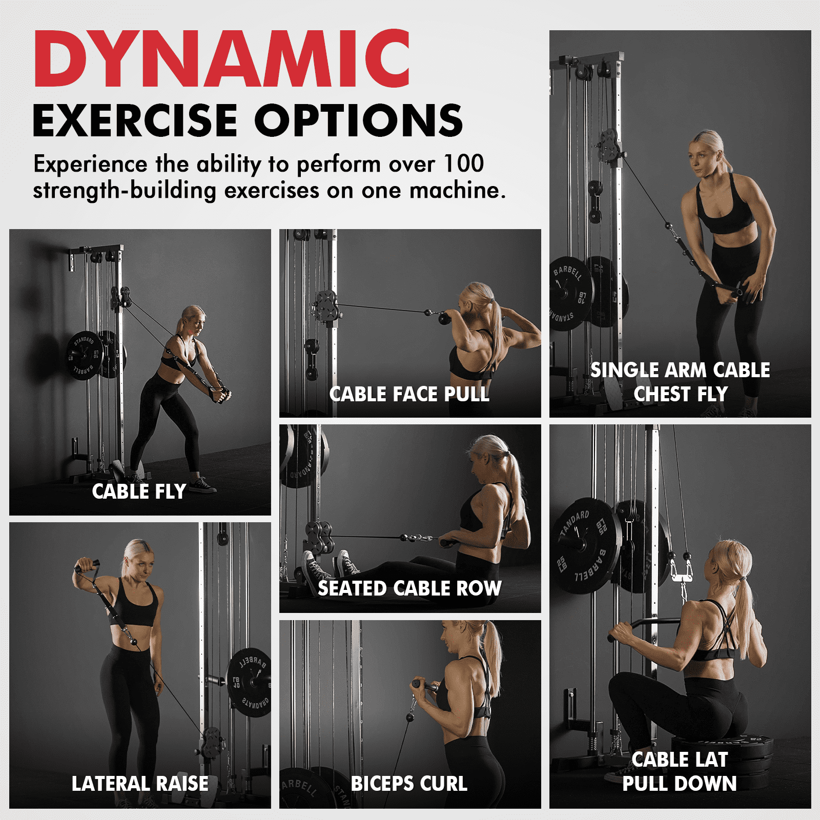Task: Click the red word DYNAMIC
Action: [222, 58]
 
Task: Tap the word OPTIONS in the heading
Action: [358, 120]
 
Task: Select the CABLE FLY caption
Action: [139, 491]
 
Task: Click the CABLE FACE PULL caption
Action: [409, 394]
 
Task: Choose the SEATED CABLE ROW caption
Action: [409, 588]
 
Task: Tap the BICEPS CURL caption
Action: [409, 784]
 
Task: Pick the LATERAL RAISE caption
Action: [140, 784]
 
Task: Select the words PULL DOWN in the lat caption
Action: [680, 784]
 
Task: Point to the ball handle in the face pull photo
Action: [443, 319]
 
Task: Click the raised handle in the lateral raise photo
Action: [87, 566]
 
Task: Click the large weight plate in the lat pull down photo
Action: [587, 545]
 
